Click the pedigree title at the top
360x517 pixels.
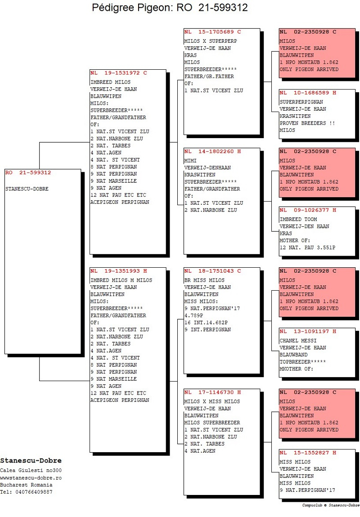coord(170,7)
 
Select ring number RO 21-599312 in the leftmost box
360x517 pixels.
coord(28,172)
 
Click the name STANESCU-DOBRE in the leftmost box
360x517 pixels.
coord(27,189)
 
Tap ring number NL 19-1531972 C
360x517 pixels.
coord(119,73)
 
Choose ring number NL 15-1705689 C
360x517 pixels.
coord(213,32)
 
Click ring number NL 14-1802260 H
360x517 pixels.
coord(213,152)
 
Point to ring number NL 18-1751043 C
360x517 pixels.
coord(213,271)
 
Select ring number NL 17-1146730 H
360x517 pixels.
coord(213,392)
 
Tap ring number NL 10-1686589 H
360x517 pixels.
coord(308,93)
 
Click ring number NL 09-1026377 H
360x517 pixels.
coord(308,211)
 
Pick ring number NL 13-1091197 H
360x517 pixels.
coord(308,331)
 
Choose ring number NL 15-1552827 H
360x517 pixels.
coord(308,453)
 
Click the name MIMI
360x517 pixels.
coord(190,161)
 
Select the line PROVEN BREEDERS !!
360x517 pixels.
coord(307,123)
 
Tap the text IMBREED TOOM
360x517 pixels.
coord(298,219)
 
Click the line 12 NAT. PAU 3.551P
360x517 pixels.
coord(307,247)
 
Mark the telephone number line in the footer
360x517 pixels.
coord(26,492)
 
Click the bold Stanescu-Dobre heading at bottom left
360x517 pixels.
coord(31,461)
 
